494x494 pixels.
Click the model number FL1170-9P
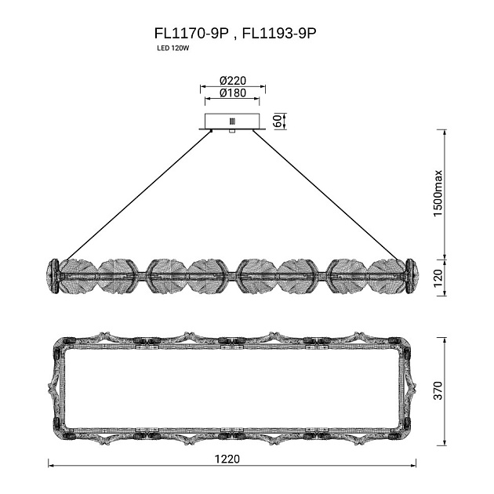point(191,33)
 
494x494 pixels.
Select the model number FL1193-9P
point(279,33)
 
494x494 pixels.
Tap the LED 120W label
point(173,49)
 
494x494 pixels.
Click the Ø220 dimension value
point(233,81)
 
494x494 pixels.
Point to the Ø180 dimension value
point(233,93)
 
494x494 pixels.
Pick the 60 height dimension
point(278,121)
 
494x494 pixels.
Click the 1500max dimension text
point(438,194)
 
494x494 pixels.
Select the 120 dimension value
point(438,278)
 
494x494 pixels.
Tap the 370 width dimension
point(438,390)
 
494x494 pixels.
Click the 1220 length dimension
point(227,459)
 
